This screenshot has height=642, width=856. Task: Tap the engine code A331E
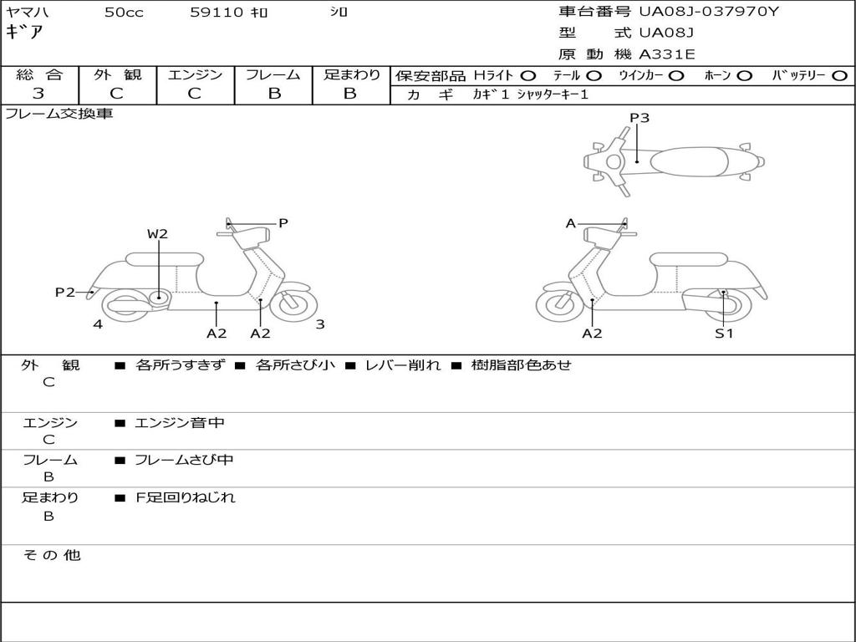click(667, 54)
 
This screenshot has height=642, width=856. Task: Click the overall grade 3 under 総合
click(38, 94)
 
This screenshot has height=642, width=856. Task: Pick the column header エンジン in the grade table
click(195, 74)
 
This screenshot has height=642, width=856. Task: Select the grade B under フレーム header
click(274, 94)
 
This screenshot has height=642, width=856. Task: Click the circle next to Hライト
click(528, 75)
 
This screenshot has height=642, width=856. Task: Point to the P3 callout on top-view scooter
click(639, 118)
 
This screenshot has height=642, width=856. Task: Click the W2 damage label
click(158, 234)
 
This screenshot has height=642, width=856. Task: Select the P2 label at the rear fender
click(65, 292)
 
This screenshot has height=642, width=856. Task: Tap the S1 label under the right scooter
click(724, 334)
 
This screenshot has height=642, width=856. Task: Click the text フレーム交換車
click(59, 114)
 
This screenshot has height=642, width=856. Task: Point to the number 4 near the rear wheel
click(98, 324)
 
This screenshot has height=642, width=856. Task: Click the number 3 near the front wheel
click(320, 324)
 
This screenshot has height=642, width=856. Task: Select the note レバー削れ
click(402, 365)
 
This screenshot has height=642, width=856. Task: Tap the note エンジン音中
click(180, 423)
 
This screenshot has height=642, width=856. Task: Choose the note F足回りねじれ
click(186, 497)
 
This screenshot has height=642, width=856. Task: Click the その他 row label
click(52, 555)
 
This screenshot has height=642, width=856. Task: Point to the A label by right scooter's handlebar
click(571, 223)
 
